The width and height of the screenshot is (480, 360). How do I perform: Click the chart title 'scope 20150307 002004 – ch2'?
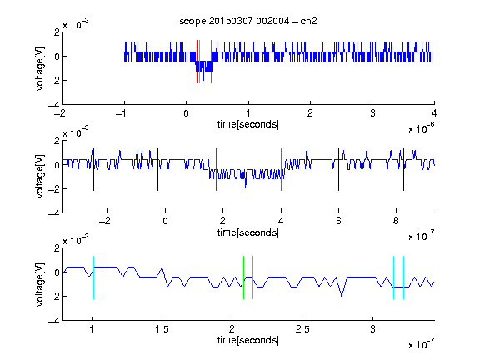point(248,21)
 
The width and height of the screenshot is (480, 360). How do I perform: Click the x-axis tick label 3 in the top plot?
point(372,113)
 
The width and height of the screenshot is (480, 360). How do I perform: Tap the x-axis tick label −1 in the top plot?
point(121,113)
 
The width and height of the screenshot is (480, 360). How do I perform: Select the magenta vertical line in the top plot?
point(211,62)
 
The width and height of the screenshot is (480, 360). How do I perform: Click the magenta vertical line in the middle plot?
point(282,170)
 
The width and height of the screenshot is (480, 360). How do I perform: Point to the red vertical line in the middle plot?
point(216,170)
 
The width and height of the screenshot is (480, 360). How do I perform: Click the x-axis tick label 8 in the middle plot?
point(396,221)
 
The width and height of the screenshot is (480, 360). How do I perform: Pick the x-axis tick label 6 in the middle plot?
point(338,221)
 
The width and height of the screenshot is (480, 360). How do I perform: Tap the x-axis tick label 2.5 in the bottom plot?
point(302,329)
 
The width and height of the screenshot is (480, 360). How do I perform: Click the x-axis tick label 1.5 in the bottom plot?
point(162,329)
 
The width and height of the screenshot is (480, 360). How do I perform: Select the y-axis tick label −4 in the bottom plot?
point(54,320)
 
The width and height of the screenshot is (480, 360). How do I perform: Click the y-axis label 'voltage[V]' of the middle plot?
point(40,177)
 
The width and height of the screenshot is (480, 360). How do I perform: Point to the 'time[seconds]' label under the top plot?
point(248,124)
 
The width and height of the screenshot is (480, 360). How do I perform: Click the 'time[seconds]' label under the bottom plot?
point(248,340)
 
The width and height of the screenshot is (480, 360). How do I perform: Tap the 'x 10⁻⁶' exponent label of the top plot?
point(422,128)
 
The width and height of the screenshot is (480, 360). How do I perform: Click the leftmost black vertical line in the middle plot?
point(93,170)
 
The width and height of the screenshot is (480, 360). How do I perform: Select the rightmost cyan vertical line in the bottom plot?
point(404,277)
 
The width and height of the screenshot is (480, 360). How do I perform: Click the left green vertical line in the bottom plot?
point(243,277)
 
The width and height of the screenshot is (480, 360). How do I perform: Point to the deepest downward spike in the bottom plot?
point(342,296)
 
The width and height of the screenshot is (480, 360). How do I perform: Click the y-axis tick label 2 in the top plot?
point(57,32)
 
